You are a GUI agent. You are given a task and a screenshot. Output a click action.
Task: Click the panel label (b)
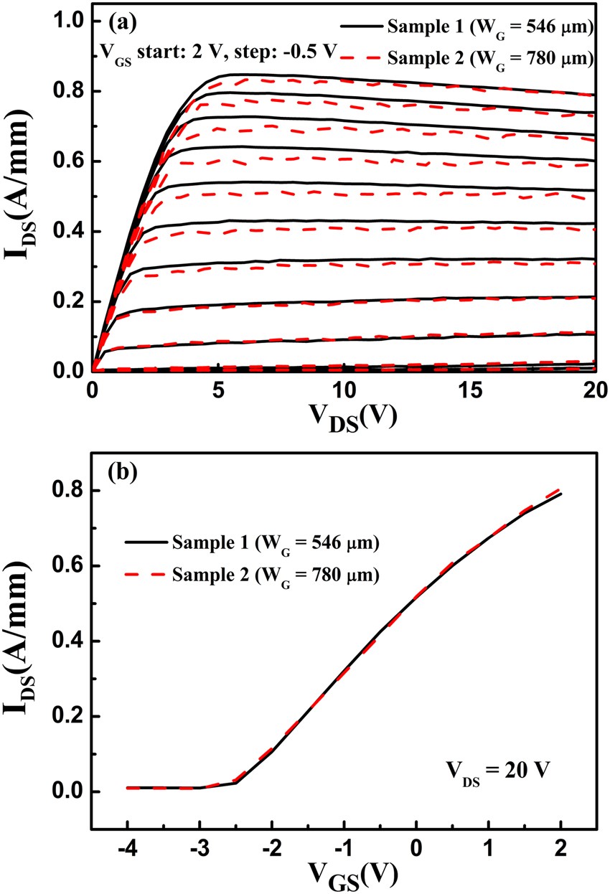[x=128, y=475]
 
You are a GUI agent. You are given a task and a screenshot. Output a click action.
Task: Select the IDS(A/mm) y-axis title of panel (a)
[x=32, y=197]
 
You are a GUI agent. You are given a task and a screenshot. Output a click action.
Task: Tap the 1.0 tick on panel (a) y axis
[x=70, y=22]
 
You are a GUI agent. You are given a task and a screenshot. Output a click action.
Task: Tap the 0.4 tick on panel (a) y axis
[x=70, y=232]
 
